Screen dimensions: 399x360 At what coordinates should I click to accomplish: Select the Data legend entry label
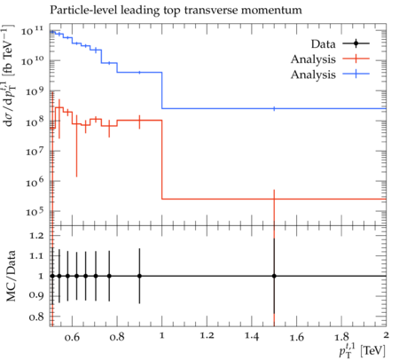coord(323,44)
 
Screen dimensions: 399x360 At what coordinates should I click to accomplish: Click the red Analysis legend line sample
coord(356,59)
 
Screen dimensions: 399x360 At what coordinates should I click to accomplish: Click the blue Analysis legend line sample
coord(356,74)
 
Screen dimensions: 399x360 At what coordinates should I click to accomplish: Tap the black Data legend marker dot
coord(356,43)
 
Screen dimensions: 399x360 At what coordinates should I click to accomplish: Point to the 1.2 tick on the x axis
coord(207,335)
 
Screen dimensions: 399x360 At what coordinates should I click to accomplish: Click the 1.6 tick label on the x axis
coord(297,337)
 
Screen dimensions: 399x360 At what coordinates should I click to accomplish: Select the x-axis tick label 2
coord(386,335)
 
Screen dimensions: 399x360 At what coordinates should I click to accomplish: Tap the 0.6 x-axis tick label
coord(72,337)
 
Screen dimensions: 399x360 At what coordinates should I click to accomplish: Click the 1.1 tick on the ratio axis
coord(36,255)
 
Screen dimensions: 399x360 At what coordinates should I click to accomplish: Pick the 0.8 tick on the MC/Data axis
coord(36,317)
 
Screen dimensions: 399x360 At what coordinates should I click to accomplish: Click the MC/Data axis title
coord(11,276)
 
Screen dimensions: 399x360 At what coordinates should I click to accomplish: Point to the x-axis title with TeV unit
coord(363,349)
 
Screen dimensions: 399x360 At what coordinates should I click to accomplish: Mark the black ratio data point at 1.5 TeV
coord(274,276)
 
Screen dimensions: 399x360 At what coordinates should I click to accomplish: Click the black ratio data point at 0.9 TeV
coord(139,276)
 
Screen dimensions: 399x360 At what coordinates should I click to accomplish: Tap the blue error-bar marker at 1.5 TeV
coord(274,108)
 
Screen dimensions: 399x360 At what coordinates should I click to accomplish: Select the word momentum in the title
coord(271,11)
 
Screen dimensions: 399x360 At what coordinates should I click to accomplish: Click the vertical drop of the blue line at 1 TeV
coord(162,90)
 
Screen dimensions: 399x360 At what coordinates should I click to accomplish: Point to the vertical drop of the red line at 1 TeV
coord(162,160)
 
